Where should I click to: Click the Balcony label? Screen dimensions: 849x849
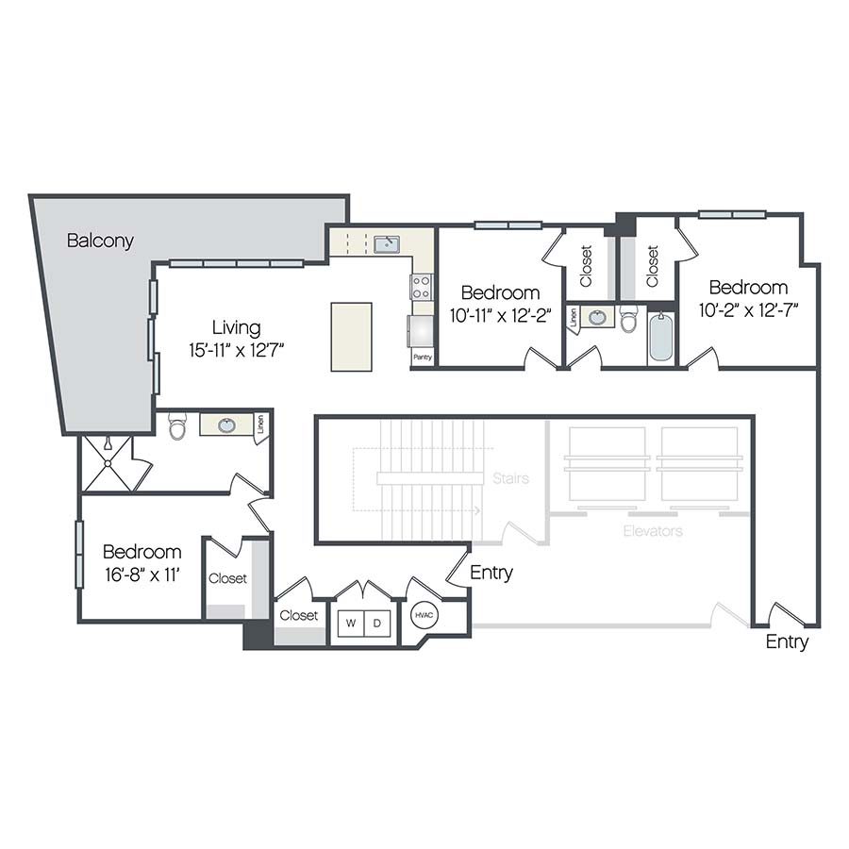[100, 241]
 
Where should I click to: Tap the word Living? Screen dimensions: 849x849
[236, 327]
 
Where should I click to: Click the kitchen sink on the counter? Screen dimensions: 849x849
[386, 244]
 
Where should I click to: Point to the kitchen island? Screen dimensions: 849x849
[351, 337]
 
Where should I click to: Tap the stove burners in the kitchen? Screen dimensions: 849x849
[421, 287]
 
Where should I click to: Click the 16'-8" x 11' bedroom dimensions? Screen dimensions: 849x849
[141, 574]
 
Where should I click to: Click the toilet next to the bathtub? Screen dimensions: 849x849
[629, 319]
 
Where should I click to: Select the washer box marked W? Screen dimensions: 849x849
[351, 624]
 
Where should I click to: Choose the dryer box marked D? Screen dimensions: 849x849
[377, 624]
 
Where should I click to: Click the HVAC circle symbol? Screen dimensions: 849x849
[422, 616]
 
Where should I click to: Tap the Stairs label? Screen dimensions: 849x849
[510, 478]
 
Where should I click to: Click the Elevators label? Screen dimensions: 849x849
[653, 531]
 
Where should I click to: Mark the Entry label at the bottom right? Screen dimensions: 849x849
[787, 641]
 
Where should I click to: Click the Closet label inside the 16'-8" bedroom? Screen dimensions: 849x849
[227, 578]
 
